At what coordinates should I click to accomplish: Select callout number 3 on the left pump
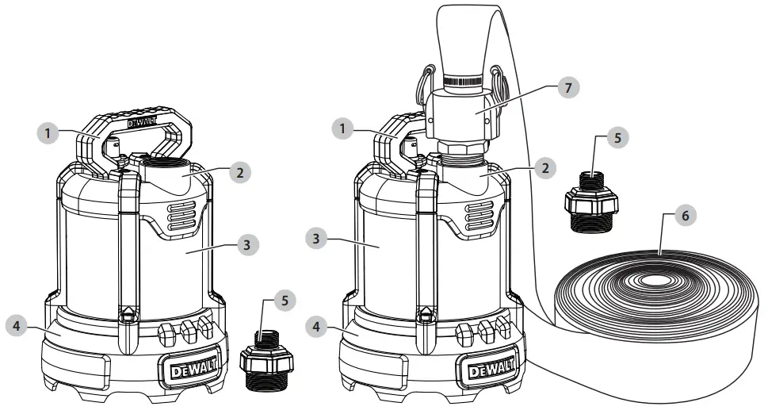(x=248, y=246)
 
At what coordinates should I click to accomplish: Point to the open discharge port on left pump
(x=166, y=169)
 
